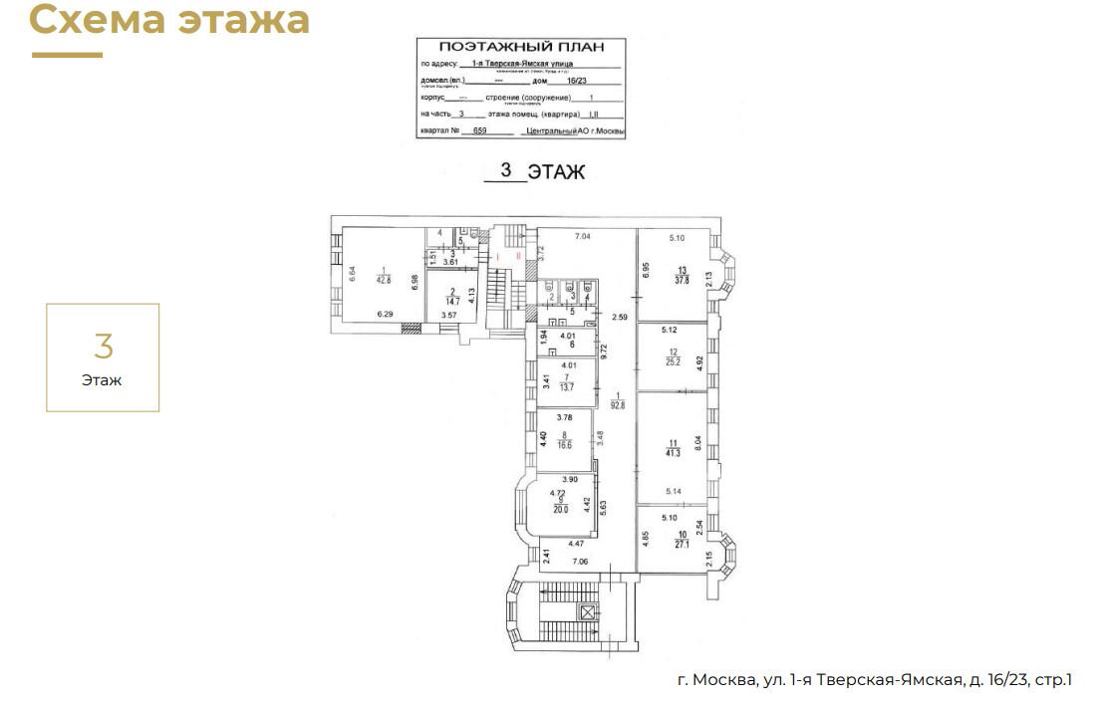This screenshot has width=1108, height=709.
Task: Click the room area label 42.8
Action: (384, 281)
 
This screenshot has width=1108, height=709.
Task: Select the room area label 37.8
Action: (682, 280)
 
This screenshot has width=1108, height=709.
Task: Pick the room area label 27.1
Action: (681, 545)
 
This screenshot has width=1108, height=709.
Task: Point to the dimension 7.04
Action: (583, 236)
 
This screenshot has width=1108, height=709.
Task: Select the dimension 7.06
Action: (579, 562)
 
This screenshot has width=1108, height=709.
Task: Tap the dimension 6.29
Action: (385, 314)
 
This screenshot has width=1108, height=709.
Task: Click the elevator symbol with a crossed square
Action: (588, 612)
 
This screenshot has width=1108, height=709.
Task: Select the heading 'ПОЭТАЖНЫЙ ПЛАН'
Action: (520, 47)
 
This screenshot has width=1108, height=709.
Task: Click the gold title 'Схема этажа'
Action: (169, 19)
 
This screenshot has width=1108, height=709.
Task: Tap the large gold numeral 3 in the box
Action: (103, 347)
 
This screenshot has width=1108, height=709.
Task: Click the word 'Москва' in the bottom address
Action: (725, 680)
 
